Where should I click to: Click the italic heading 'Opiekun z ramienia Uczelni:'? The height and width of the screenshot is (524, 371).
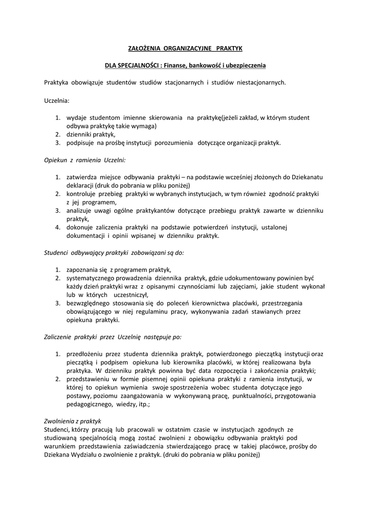pos(81,160)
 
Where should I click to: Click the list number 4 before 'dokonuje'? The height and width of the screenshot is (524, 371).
pos(58,227)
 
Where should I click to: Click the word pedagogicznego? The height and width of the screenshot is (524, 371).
pos(89,404)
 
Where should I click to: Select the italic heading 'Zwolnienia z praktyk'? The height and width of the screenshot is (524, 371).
pos(73,421)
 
